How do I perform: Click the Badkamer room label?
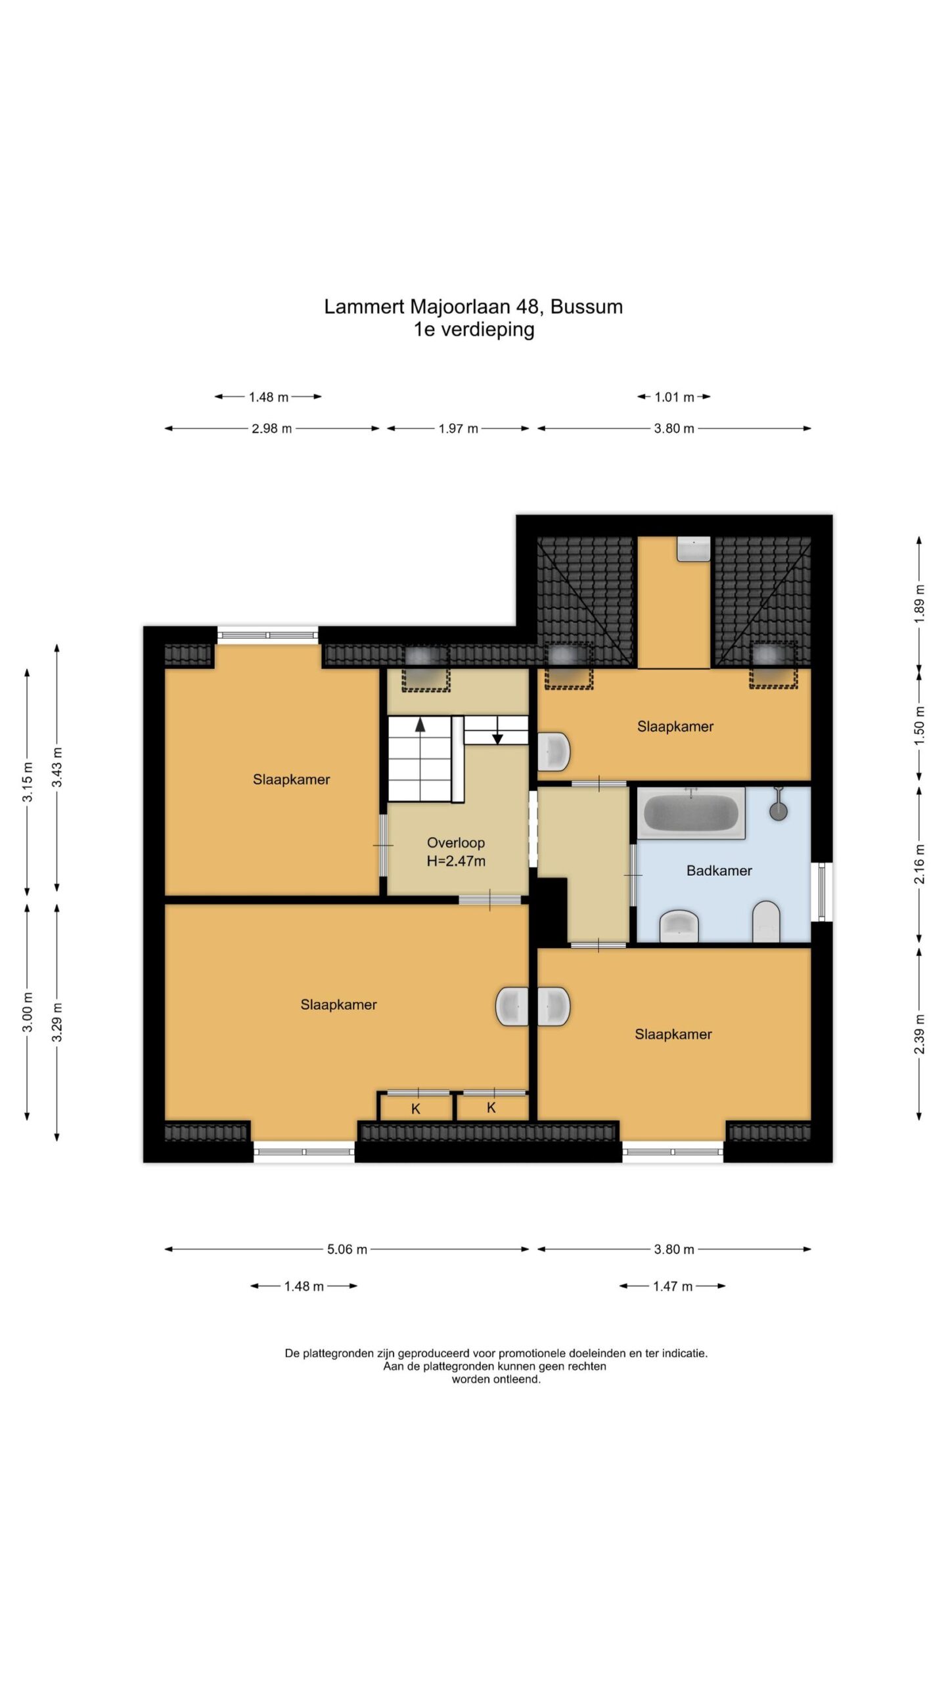[x=719, y=871]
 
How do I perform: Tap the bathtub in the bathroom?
[x=690, y=813]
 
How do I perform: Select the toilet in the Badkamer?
[x=765, y=921]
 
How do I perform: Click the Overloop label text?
[x=456, y=842]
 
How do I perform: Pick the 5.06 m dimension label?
[x=347, y=1249]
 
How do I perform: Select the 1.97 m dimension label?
[x=459, y=428]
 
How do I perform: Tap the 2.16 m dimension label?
[x=920, y=864]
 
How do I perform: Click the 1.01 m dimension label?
[x=674, y=397]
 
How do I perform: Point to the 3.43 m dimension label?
[x=57, y=767]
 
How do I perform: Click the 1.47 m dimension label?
[x=673, y=1286]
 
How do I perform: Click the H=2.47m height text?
[x=456, y=861]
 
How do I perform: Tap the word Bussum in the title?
[x=587, y=307]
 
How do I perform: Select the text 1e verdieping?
[x=474, y=329]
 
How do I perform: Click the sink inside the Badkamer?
[x=679, y=925]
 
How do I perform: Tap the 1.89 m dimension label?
[x=920, y=603]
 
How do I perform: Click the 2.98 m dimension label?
[x=271, y=428]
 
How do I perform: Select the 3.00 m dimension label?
[x=28, y=1012]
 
